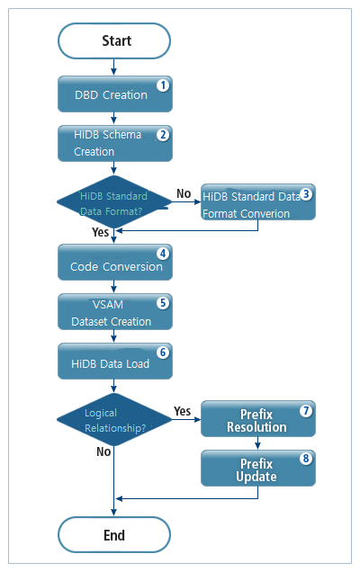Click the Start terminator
tap(114, 40)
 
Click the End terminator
tap(114, 534)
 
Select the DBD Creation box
tap(114, 94)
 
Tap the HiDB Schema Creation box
tap(114, 143)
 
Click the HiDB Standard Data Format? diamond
tap(114, 202)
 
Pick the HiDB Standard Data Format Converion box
tap(257, 204)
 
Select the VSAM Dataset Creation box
tap(114, 312)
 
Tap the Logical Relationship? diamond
tap(114, 418)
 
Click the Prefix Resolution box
tap(257, 419)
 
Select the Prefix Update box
tap(257, 468)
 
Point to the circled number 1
tap(162, 86)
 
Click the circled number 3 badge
tap(306, 193)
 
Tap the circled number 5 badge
tap(162, 302)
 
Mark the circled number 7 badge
tap(306, 410)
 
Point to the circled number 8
tap(306, 458)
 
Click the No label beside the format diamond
tap(183, 192)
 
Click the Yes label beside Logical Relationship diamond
tap(183, 410)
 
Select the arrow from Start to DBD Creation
tap(114, 67)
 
